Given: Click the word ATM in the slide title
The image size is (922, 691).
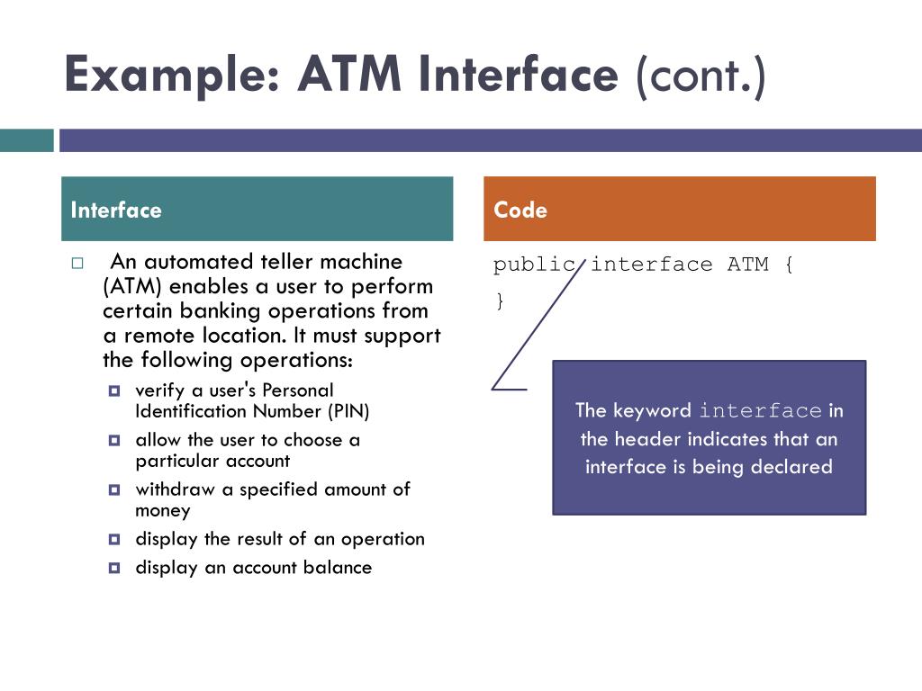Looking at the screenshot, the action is [349, 74].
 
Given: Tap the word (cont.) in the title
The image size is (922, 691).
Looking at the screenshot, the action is [701, 76].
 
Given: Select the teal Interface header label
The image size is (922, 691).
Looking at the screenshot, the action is [116, 210].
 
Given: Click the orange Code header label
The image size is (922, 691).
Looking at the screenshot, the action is [520, 210].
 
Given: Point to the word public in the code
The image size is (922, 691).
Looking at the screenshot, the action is [534, 265].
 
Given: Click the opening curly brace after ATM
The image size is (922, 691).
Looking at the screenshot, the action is [789, 265].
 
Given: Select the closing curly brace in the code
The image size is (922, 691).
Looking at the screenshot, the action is [500, 301].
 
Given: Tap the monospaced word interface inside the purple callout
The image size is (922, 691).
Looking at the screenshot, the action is [760, 410].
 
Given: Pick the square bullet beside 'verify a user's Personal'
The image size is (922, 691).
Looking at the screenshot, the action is [114, 390].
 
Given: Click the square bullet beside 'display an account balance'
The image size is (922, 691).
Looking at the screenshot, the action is [114, 568].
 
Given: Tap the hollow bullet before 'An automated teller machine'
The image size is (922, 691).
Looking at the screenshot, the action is [77, 264].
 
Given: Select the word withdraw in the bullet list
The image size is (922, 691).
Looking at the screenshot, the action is [175, 489].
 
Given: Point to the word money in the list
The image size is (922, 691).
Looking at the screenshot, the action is [163, 511].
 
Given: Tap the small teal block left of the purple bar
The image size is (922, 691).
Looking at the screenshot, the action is [26, 140].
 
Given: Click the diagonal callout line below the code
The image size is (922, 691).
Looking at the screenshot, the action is [538, 324].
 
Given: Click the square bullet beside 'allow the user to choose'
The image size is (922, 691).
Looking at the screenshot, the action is [114, 440].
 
